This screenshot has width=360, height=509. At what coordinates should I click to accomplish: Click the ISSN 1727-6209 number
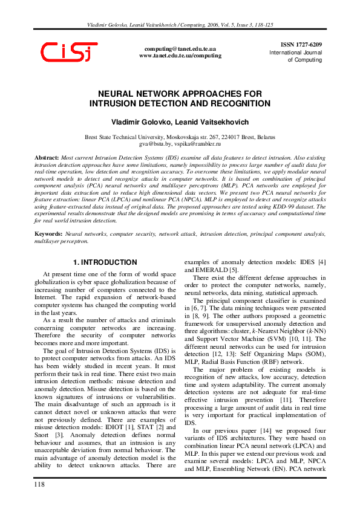click(301, 45)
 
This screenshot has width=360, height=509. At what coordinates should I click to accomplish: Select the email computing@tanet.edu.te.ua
click(180, 48)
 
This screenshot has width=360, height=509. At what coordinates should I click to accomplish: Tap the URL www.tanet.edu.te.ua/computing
click(180, 56)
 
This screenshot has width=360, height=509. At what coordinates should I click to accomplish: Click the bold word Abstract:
click(47, 157)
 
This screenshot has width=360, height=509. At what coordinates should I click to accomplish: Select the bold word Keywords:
click(48, 233)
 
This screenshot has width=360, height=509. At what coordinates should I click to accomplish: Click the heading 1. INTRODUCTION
click(105, 262)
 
